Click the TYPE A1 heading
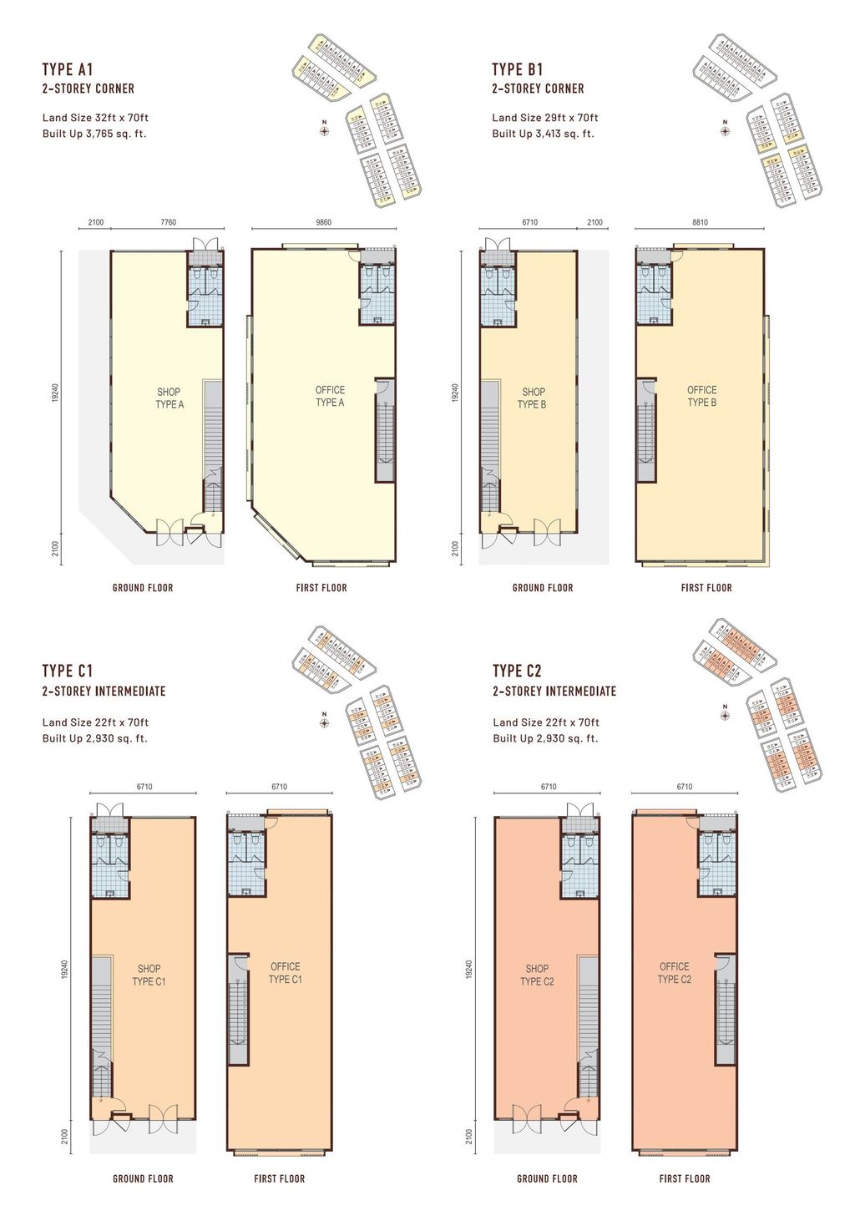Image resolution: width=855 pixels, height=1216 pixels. coord(68,69)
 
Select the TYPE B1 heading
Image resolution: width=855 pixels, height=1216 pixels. coord(517,69)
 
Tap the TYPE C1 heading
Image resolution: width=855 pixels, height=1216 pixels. coord(68,671)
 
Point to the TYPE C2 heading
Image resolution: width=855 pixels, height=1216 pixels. coord(517,671)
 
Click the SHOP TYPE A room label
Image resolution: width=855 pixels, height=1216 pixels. coord(169,398)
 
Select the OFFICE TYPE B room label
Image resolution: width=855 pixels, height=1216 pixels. coord(701,396)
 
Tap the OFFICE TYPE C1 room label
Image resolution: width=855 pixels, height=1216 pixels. coord(285,973)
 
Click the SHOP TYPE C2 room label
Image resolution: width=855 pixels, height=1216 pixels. coord(537,975)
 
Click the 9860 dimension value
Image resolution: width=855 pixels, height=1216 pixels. coord(323,223)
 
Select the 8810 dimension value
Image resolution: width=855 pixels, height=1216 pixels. coord(700,223)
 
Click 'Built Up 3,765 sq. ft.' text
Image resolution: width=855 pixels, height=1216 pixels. coord(94,134)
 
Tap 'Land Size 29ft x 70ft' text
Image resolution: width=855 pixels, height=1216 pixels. coord(544,118)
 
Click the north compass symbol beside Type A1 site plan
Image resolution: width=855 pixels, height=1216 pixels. coord(325,129)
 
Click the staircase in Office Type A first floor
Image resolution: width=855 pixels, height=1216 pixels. coord(384,430)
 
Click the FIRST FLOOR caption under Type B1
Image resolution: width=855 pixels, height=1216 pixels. coord(706,588)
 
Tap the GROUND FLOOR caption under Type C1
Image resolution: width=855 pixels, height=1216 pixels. coord(143,1179)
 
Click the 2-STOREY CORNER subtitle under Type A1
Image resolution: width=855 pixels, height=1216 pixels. coord(89,89)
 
